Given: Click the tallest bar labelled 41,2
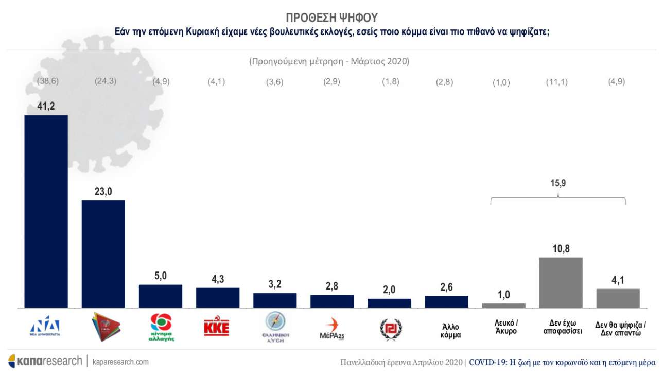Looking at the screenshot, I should tap(46, 211).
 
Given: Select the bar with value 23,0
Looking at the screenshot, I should tap(103, 254).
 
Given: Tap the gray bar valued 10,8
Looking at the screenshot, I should tap(561, 282).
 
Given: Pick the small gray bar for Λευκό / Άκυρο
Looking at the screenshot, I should tap(503, 305).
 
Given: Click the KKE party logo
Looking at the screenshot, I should tap(217, 328).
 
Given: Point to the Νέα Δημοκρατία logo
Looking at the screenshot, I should tap(45, 327).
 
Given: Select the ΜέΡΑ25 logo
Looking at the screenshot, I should tap(332, 328).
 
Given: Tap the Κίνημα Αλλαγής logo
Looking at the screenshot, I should tap(160, 328).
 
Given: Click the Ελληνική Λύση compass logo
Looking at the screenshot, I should tap(274, 326).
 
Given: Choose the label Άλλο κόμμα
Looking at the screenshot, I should tap(446, 331).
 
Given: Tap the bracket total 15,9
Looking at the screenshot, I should tap(558, 183).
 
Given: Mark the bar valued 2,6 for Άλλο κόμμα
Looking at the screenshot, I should tap(446, 302).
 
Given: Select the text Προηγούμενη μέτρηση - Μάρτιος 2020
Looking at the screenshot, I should tap(329, 62).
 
